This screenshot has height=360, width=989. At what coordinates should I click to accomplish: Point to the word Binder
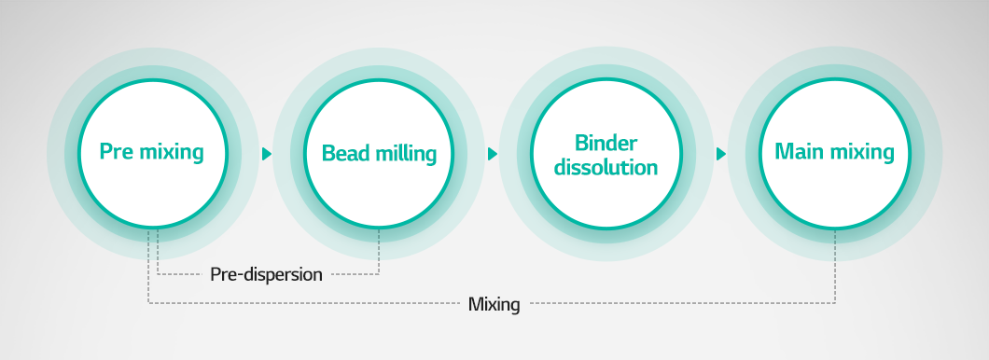click(x=606, y=144)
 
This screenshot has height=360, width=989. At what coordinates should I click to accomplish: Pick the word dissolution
click(x=606, y=168)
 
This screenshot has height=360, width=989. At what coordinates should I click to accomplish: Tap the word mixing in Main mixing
click(x=861, y=153)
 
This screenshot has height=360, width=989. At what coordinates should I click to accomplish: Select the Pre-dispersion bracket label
click(x=266, y=274)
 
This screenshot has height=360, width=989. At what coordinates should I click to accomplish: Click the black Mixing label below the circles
click(x=494, y=304)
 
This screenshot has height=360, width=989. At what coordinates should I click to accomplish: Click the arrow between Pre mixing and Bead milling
click(x=267, y=154)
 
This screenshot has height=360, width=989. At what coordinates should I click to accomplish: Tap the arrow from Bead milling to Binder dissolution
click(x=493, y=154)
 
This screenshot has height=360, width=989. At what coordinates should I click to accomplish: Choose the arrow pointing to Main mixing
click(x=720, y=154)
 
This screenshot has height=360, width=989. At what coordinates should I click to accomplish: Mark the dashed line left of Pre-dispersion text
click(x=182, y=274)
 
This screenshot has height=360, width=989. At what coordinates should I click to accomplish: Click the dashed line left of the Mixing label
click(x=308, y=303)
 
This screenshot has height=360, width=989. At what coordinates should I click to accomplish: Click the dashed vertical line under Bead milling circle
click(x=380, y=252)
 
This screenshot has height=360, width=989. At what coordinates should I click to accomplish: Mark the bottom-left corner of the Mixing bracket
click(x=148, y=303)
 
